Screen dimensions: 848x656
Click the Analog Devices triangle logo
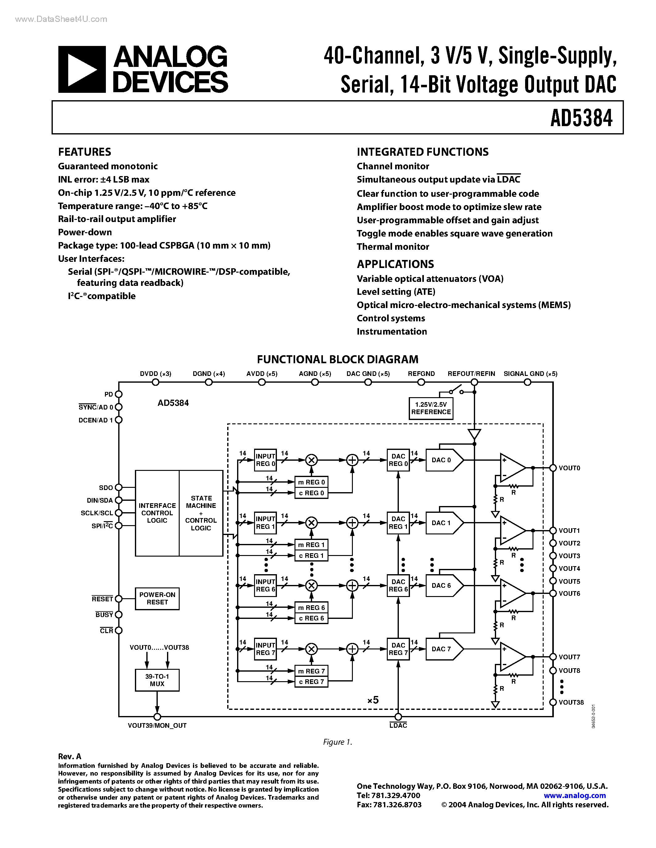click(x=81, y=69)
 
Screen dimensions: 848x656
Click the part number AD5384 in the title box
click(x=581, y=118)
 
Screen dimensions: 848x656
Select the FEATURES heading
click(x=84, y=152)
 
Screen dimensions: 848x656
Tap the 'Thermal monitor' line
click(x=392, y=247)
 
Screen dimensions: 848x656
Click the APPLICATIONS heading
click(x=395, y=264)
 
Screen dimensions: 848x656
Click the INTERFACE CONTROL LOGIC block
click(x=157, y=513)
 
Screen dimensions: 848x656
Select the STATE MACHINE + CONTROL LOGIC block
click(x=201, y=513)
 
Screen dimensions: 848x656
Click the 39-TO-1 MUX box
click(x=157, y=680)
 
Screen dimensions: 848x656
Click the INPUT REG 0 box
click(x=265, y=460)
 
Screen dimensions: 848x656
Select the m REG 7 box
click(x=311, y=671)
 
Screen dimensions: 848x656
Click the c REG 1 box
click(x=311, y=556)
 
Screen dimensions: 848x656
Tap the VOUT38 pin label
click(x=571, y=702)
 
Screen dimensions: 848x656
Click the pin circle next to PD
click(x=119, y=394)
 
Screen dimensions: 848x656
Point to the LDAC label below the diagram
click(x=398, y=725)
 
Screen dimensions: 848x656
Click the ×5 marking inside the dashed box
click(x=373, y=700)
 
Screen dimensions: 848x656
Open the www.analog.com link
click(x=575, y=795)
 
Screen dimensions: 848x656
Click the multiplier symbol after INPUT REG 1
click(x=311, y=523)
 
